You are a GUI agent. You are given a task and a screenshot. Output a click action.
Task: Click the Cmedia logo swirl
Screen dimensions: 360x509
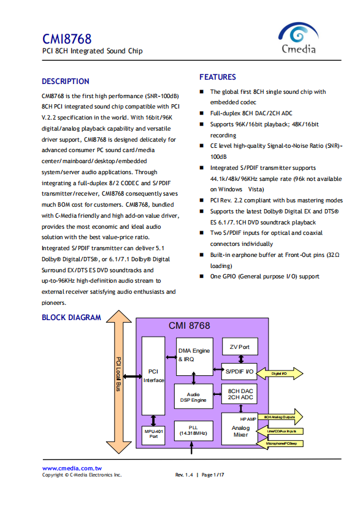[x=298, y=33]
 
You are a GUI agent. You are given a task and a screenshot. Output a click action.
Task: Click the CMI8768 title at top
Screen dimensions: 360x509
[x=67, y=39]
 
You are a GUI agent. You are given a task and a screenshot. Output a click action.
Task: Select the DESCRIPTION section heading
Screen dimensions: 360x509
[x=65, y=81]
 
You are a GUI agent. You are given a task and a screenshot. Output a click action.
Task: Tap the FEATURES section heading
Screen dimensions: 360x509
[x=218, y=77]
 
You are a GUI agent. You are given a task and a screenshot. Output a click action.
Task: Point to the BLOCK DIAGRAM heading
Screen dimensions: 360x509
[x=71, y=318]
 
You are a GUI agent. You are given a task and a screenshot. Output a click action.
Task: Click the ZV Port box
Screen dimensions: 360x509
[x=240, y=346]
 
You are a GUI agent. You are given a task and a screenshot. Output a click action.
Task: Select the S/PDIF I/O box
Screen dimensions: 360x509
[x=240, y=372]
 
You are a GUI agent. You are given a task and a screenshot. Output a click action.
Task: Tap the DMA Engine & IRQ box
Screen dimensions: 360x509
[x=194, y=356]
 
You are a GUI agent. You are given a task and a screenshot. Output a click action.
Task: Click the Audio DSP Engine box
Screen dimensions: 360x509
[x=193, y=397]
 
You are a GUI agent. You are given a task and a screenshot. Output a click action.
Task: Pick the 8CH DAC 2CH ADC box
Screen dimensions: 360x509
[x=240, y=394]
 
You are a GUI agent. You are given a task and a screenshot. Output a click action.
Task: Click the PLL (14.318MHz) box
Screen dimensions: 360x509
[x=193, y=431]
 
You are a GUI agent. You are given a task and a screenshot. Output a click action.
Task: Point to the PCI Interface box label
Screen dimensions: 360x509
[x=153, y=376]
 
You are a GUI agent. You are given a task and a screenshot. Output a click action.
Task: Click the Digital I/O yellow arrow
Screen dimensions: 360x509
[x=280, y=373]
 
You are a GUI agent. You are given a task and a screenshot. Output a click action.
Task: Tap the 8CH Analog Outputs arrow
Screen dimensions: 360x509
[x=280, y=417]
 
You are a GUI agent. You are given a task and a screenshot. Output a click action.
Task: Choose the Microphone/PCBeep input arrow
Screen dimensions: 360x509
[x=280, y=443]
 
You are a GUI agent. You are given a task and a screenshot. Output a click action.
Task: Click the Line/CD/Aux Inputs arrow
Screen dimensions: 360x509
[x=280, y=431]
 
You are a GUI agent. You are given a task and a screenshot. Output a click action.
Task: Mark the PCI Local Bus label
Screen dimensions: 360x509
[x=118, y=374]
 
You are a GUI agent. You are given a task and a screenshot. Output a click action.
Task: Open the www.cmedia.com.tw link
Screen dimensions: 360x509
[x=72, y=468]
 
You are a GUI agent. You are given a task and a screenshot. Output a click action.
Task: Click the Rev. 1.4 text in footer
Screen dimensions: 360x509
[x=184, y=475]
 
